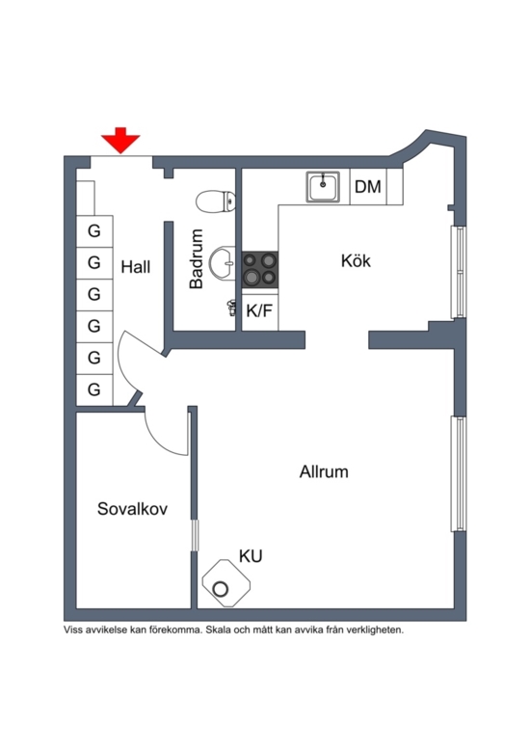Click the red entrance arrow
pos(120,140)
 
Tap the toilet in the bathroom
pos(216,201)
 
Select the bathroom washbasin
pos(223,262)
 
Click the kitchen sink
pos(323,187)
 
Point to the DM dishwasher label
pos(368,187)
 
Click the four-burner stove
pos(260,269)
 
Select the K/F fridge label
pos(259,311)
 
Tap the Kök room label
pos(356,260)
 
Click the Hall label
pos(136,266)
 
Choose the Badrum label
pos(197,258)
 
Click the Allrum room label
pos(324,471)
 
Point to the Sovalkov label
pos(133,508)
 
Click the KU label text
pos(251,556)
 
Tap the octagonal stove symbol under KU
pos(226,583)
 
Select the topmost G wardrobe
pos(94,231)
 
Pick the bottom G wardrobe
pos(94,389)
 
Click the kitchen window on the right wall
pos(459,272)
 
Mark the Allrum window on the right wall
pos(459,474)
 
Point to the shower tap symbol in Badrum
pos(232,308)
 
